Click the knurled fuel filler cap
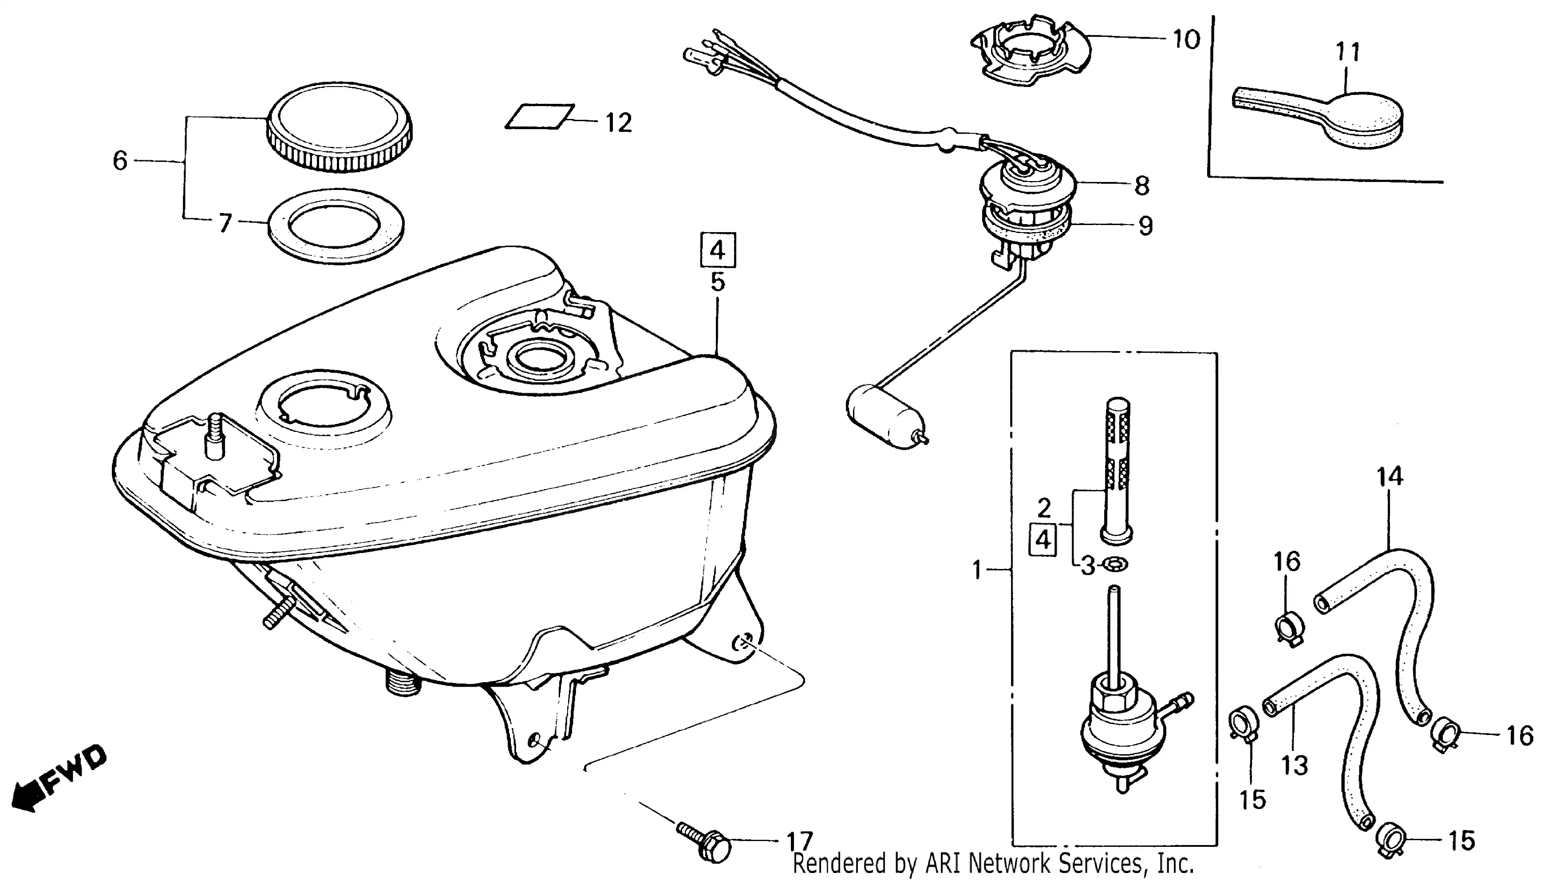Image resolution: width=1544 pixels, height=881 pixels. click(339, 127)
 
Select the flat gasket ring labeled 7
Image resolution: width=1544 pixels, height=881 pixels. click(336, 226)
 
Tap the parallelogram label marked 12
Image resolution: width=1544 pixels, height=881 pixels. click(540, 116)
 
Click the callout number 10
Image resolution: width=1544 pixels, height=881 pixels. click(1186, 40)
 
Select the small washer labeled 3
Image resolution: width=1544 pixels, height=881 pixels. click(1114, 565)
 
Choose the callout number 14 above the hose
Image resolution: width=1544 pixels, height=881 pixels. click(1390, 477)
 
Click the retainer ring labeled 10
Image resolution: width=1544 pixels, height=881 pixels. click(1029, 51)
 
